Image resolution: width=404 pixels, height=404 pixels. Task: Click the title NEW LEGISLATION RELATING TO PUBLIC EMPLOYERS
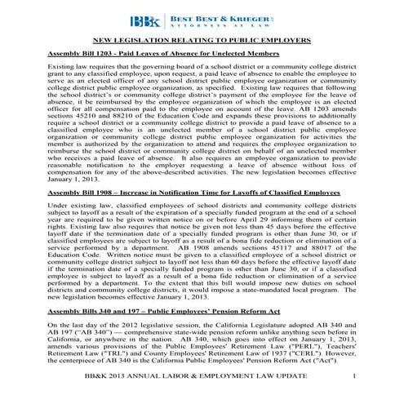(x=202, y=39)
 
